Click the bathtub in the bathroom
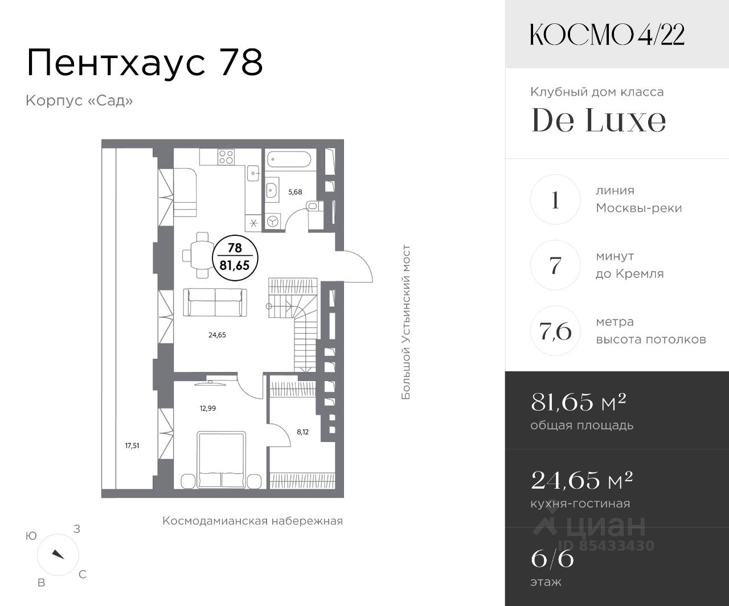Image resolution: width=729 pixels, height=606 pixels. click(x=289, y=160)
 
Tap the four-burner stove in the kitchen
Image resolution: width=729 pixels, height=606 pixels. click(x=226, y=157)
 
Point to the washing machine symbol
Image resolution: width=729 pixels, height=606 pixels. click(x=273, y=221)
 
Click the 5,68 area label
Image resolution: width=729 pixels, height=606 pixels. click(x=295, y=191)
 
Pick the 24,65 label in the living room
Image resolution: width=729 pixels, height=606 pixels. click(x=217, y=335)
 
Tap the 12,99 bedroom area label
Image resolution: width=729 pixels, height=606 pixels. click(x=208, y=408)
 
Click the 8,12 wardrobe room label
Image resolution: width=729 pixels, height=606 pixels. click(x=302, y=432)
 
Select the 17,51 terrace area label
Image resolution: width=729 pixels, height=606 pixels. click(x=132, y=445)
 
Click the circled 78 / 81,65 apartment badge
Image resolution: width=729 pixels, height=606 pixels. click(x=235, y=257)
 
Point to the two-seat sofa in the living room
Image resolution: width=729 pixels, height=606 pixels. click(x=215, y=302)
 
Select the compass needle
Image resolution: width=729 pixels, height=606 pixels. click(x=58, y=554)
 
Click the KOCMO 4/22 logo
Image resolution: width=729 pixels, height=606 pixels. click(x=607, y=35)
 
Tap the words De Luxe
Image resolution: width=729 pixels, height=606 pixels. click(x=599, y=120)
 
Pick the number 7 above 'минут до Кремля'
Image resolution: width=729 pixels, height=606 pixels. click(x=555, y=265)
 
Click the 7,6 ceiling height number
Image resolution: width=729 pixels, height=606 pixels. click(x=555, y=331)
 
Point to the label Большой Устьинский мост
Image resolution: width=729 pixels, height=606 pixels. click(x=406, y=322)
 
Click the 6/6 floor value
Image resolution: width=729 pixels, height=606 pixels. click(x=552, y=559)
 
